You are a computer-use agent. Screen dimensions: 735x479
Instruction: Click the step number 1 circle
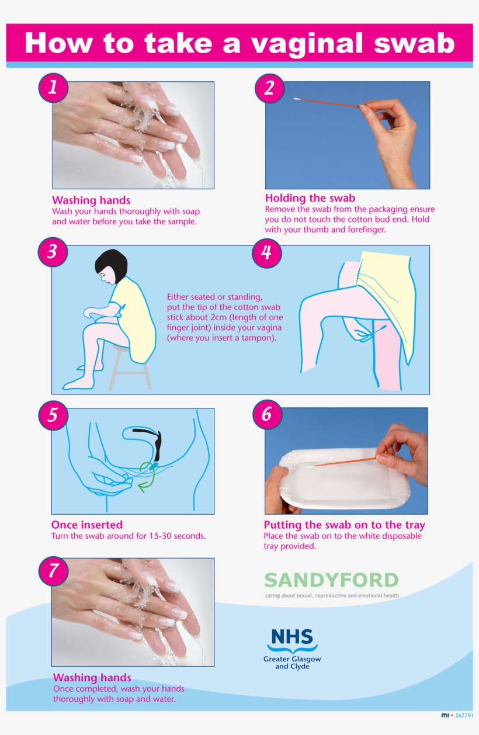(x=53, y=88)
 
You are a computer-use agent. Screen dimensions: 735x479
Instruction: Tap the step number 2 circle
(x=269, y=88)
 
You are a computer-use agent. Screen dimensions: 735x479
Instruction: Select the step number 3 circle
(x=53, y=252)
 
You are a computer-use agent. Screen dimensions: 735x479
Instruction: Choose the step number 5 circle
(x=53, y=415)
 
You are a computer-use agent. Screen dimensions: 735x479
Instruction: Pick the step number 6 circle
(x=267, y=415)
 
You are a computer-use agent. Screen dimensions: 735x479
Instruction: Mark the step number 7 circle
(x=53, y=570)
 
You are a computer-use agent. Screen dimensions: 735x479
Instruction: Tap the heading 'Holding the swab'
(x=310, y=198)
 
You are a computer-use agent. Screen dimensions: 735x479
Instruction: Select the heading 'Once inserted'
(x=87, y=525)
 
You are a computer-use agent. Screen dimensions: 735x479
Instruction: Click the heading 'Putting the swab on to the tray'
(x=344, y=525)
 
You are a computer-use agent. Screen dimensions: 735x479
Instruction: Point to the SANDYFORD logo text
(x=331, y=580)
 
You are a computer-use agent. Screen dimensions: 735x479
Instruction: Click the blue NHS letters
(x=292, y=637)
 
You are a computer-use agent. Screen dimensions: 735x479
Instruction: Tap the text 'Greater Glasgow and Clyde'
(x=292, y=663)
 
